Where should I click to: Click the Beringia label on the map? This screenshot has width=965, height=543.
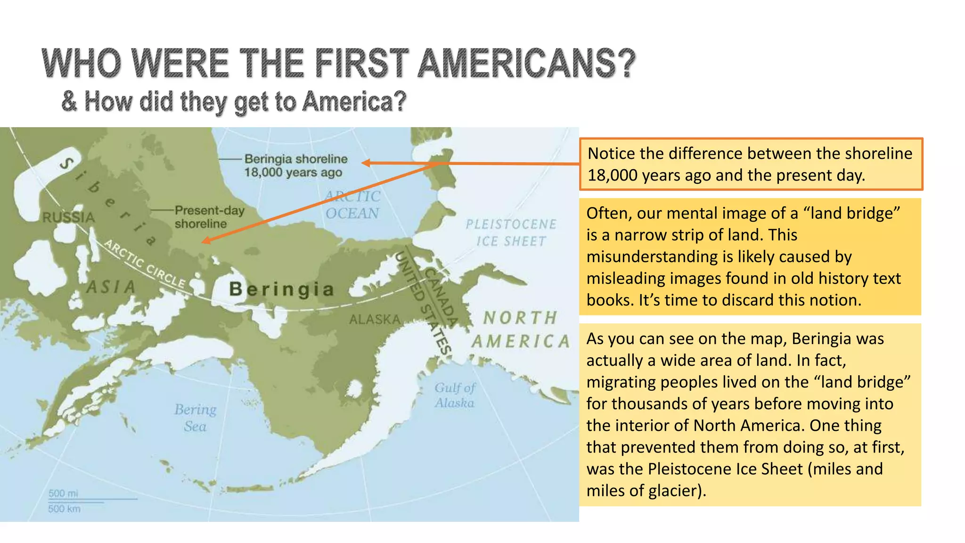pyautogui.click(x=281, y=289)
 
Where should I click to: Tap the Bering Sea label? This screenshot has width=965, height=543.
pyautogui.click(x=195, y=418)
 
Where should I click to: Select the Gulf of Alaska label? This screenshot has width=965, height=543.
pyautogui.click(x=455, y=395)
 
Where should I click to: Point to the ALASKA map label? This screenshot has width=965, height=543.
pyautogui.click(x=375, y=320)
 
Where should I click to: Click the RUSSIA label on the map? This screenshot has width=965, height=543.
pyautogui.click(x=69, y=217)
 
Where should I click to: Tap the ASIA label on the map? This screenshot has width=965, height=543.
pyautogui.click(x=111, y=287)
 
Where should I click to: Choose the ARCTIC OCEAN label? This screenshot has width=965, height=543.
pyautogui.click(x=352, y=205)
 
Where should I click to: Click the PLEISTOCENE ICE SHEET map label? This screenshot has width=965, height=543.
pyautogui.click(x=511, y=232)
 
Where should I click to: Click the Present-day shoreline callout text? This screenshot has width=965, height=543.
pyautogui.click(x=209, y=217)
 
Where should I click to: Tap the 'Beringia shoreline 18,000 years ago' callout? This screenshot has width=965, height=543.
pyautogui.click(x=295, y=165)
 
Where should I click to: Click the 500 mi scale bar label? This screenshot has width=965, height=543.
pyautogui.click(x=63, y=493)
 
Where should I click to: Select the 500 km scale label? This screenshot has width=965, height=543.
pyautogui.click(x=64, y=509)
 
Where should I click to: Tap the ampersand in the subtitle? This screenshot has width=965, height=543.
pyautogui.click(x=69, y=101)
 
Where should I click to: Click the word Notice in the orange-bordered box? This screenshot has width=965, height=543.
pyautogui.click(x=611, y=154)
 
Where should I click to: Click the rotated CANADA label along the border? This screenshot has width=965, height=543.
pyautogui.click(x=442, y=297)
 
